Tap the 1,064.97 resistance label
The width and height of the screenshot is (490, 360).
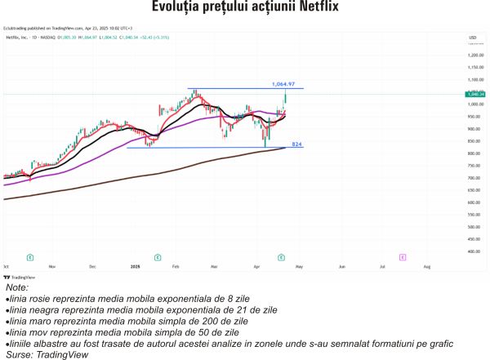pos(284,83)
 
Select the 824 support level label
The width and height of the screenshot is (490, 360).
pos(297,144)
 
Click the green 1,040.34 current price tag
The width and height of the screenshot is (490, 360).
pos(476,95)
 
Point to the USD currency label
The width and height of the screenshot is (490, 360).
pos(472,38)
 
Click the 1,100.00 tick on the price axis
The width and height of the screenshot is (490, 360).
pos(475,80)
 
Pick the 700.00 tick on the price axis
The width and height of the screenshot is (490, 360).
pos(475,178)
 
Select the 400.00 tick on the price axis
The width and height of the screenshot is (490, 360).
pos(475,251)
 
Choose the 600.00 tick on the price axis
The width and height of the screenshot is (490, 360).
pos(475,202)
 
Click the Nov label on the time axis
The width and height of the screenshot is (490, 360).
pos(51,267)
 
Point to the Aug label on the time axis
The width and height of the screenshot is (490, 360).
pos(427,267)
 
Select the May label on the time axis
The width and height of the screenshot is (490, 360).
pos(299,267)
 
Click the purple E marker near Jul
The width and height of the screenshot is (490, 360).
pos(403,256)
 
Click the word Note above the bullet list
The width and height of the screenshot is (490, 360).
pos(16,288)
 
